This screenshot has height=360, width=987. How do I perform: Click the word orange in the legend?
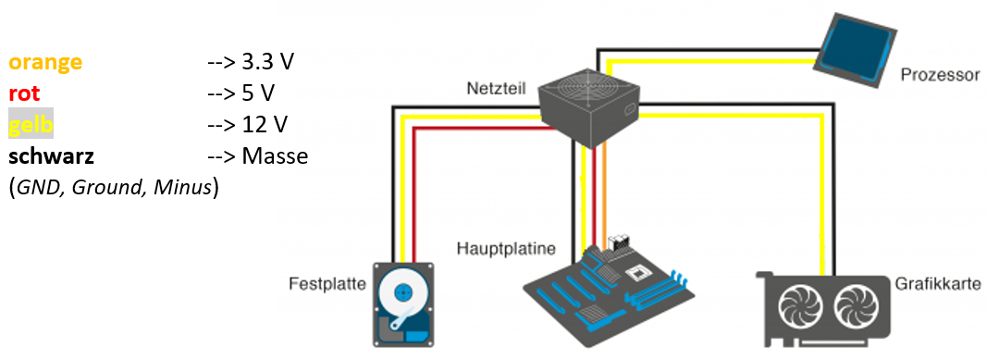pyautogui.click(x=45, y=62)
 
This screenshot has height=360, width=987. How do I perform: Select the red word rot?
pyautogui.click(x=25, y=93)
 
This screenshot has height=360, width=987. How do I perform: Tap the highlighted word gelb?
pyautogui.click(x=31, y=125)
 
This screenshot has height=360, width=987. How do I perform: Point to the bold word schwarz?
pyautogui.click(x=52, y=156)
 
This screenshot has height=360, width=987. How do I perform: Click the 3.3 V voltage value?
pyautogui.click(x=268, y=62)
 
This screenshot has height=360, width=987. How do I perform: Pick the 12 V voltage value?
pyautogui.click(x=265, y=125)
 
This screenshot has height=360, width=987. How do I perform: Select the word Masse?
pyautogui.click(x=275, y=156)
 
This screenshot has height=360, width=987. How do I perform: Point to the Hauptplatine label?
pyautogui.click(x=507, y=249)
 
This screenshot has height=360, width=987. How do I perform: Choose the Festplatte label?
pyautogui.click(x=327, y=283)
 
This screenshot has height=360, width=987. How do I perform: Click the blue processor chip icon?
pyautogui.click(x=854, y=50)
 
